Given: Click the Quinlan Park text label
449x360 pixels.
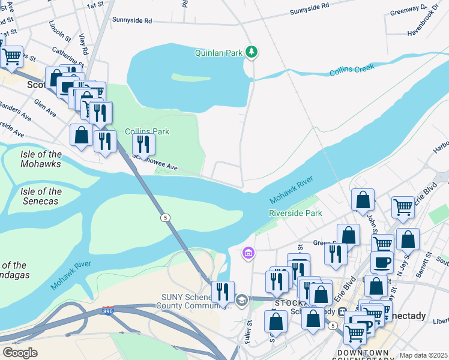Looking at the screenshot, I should (x=218, y=53).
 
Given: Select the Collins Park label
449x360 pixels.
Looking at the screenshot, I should (x=147, y=131).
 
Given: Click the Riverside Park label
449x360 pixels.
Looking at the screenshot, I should (x=295, y=213).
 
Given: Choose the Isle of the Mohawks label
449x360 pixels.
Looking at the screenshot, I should (x=41, y=159).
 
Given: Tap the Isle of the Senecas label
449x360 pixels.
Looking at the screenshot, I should (x=41, y=196).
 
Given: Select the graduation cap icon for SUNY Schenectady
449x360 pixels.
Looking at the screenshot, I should (x=241, y=301).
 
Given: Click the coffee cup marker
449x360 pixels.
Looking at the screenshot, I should (x=382, y=262).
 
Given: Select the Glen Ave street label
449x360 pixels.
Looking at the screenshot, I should (x=45, y=109).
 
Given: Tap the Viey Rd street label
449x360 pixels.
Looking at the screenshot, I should (x=83, y=44).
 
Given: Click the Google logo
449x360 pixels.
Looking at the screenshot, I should (x=20, y=353).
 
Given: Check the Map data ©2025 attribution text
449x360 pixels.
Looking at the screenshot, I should (x=423, y=355).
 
